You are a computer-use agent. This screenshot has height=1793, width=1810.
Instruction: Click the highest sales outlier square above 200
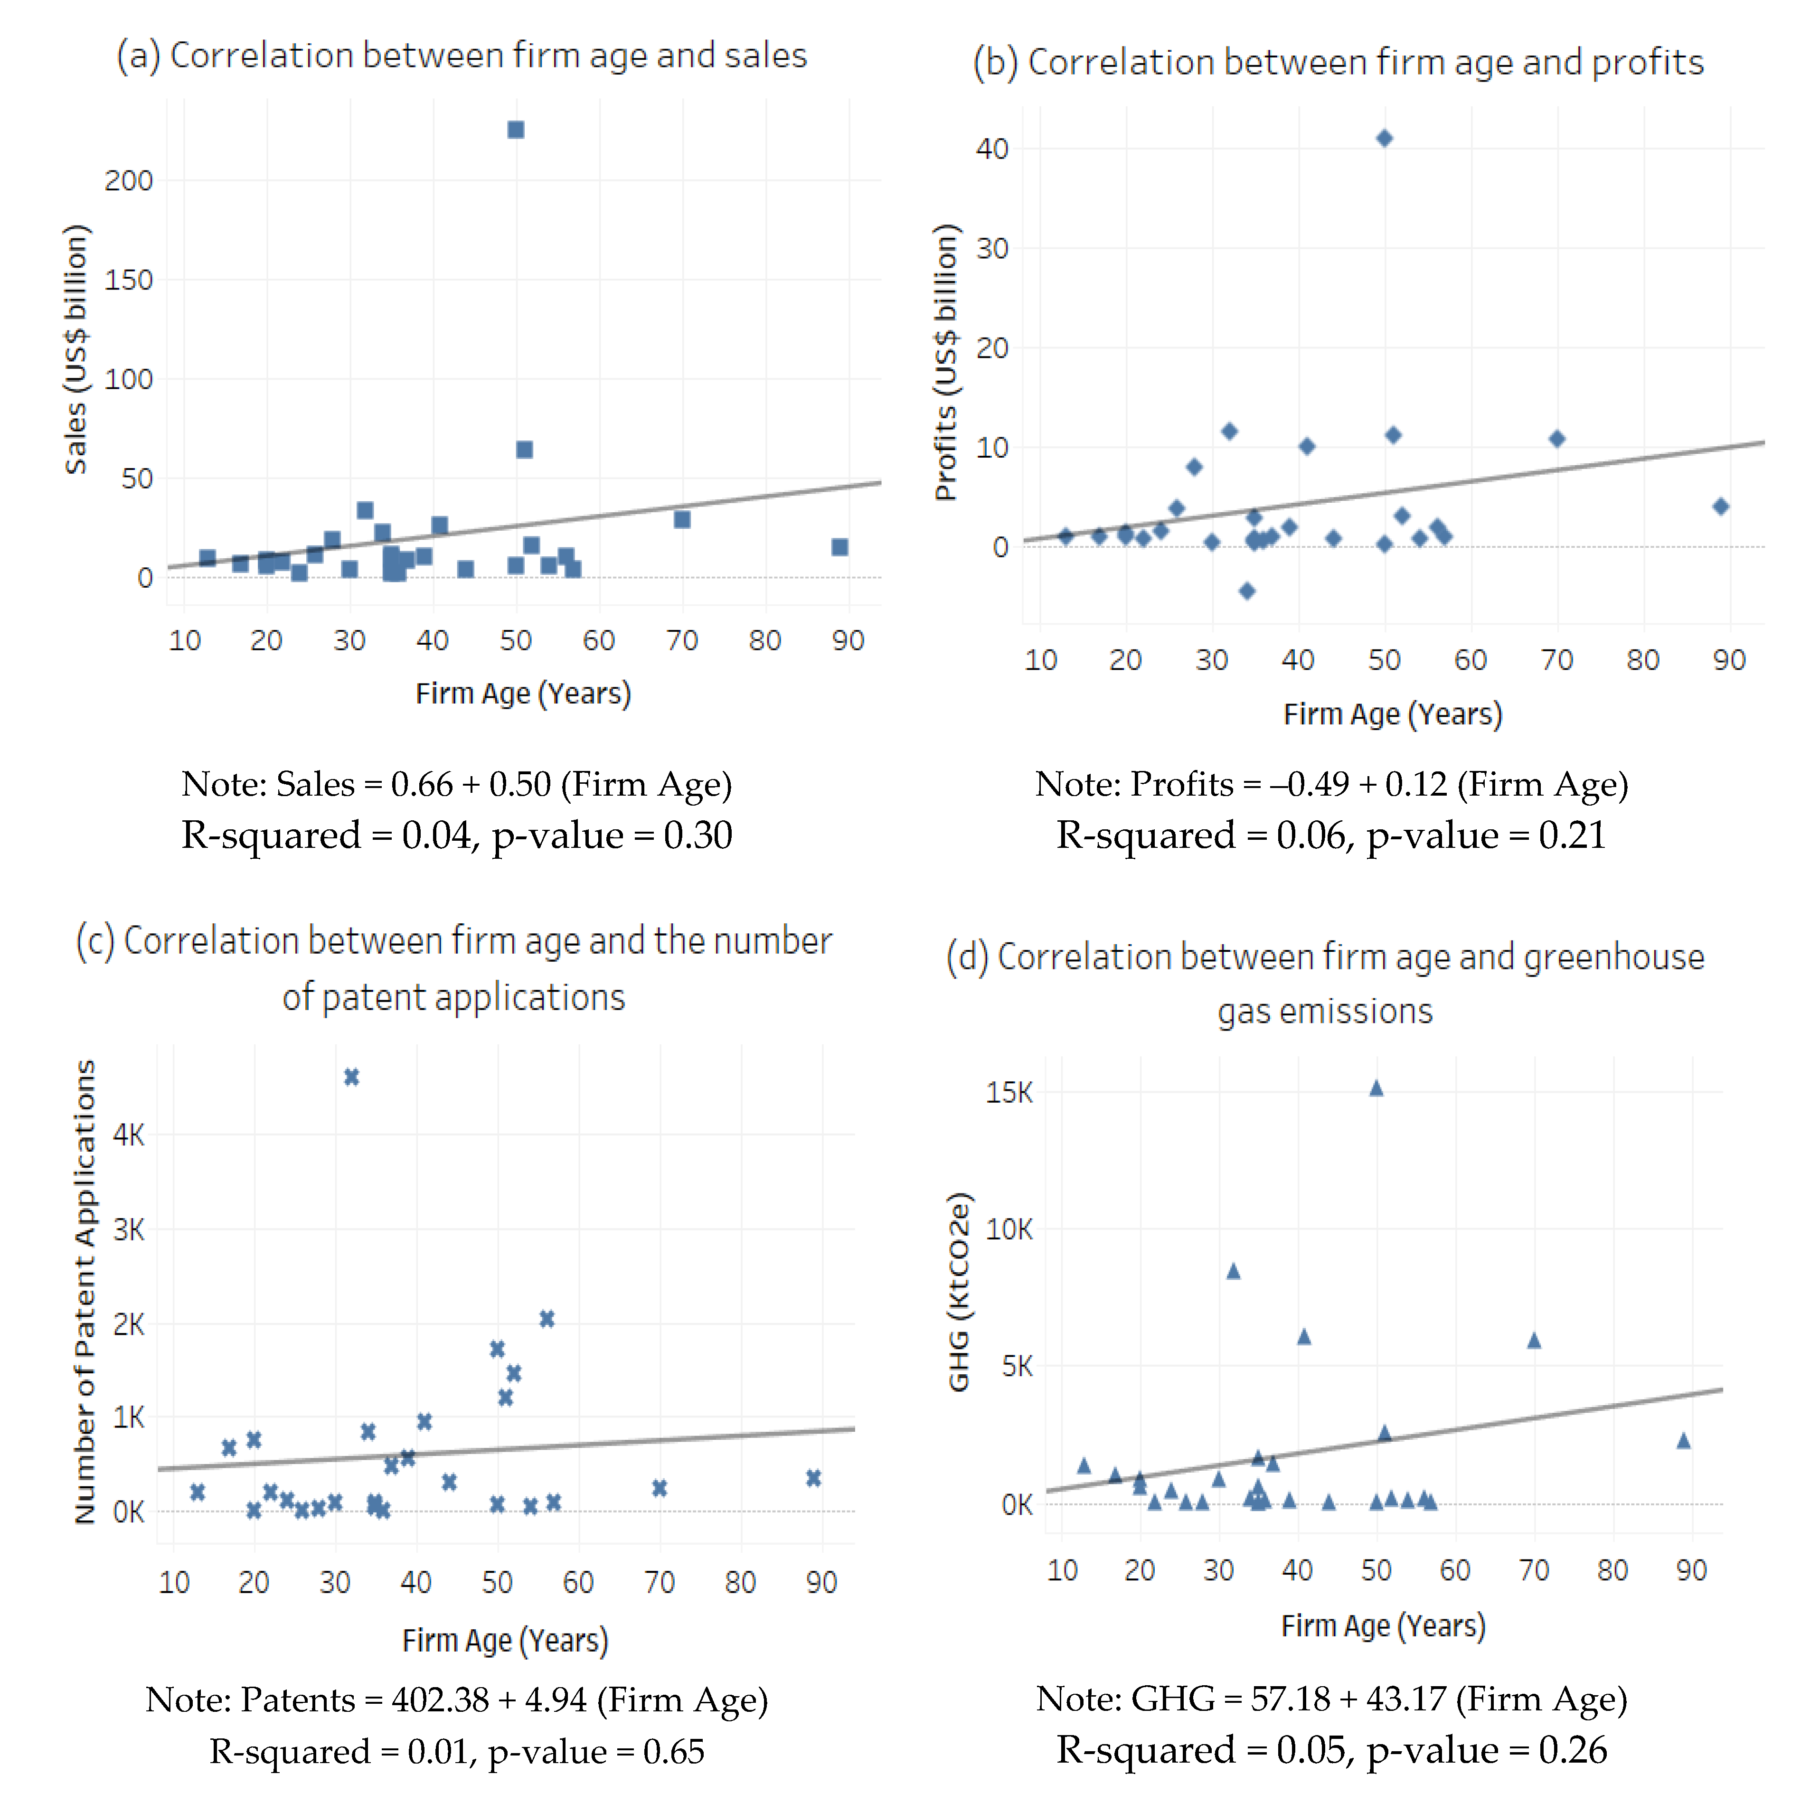tap(515, 129)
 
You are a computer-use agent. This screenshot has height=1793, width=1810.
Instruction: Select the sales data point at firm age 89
tap(839, 547)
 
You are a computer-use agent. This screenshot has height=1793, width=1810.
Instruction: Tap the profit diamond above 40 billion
tap(1384, 139)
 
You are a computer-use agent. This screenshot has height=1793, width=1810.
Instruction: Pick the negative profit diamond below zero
tap(1246, 590)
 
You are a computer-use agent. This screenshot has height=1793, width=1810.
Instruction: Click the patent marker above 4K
tap(351, 1077)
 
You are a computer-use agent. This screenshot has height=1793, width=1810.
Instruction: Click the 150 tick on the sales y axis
tap(128, 280)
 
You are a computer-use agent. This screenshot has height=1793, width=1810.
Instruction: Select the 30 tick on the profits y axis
tap(992, 249)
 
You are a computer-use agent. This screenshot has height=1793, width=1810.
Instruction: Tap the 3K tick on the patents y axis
tap(128, 1230)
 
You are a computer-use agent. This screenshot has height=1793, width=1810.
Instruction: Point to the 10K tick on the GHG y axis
tap(1009, 1229)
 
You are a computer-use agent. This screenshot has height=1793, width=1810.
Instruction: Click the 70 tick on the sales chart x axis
tap(682, 641)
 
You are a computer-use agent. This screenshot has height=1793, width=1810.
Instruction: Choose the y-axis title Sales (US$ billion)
tap(76, 349)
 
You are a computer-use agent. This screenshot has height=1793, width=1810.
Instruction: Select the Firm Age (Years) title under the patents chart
tap(505, 1641)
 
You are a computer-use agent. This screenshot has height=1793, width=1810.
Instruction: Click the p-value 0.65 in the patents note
tap(673, 1752)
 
